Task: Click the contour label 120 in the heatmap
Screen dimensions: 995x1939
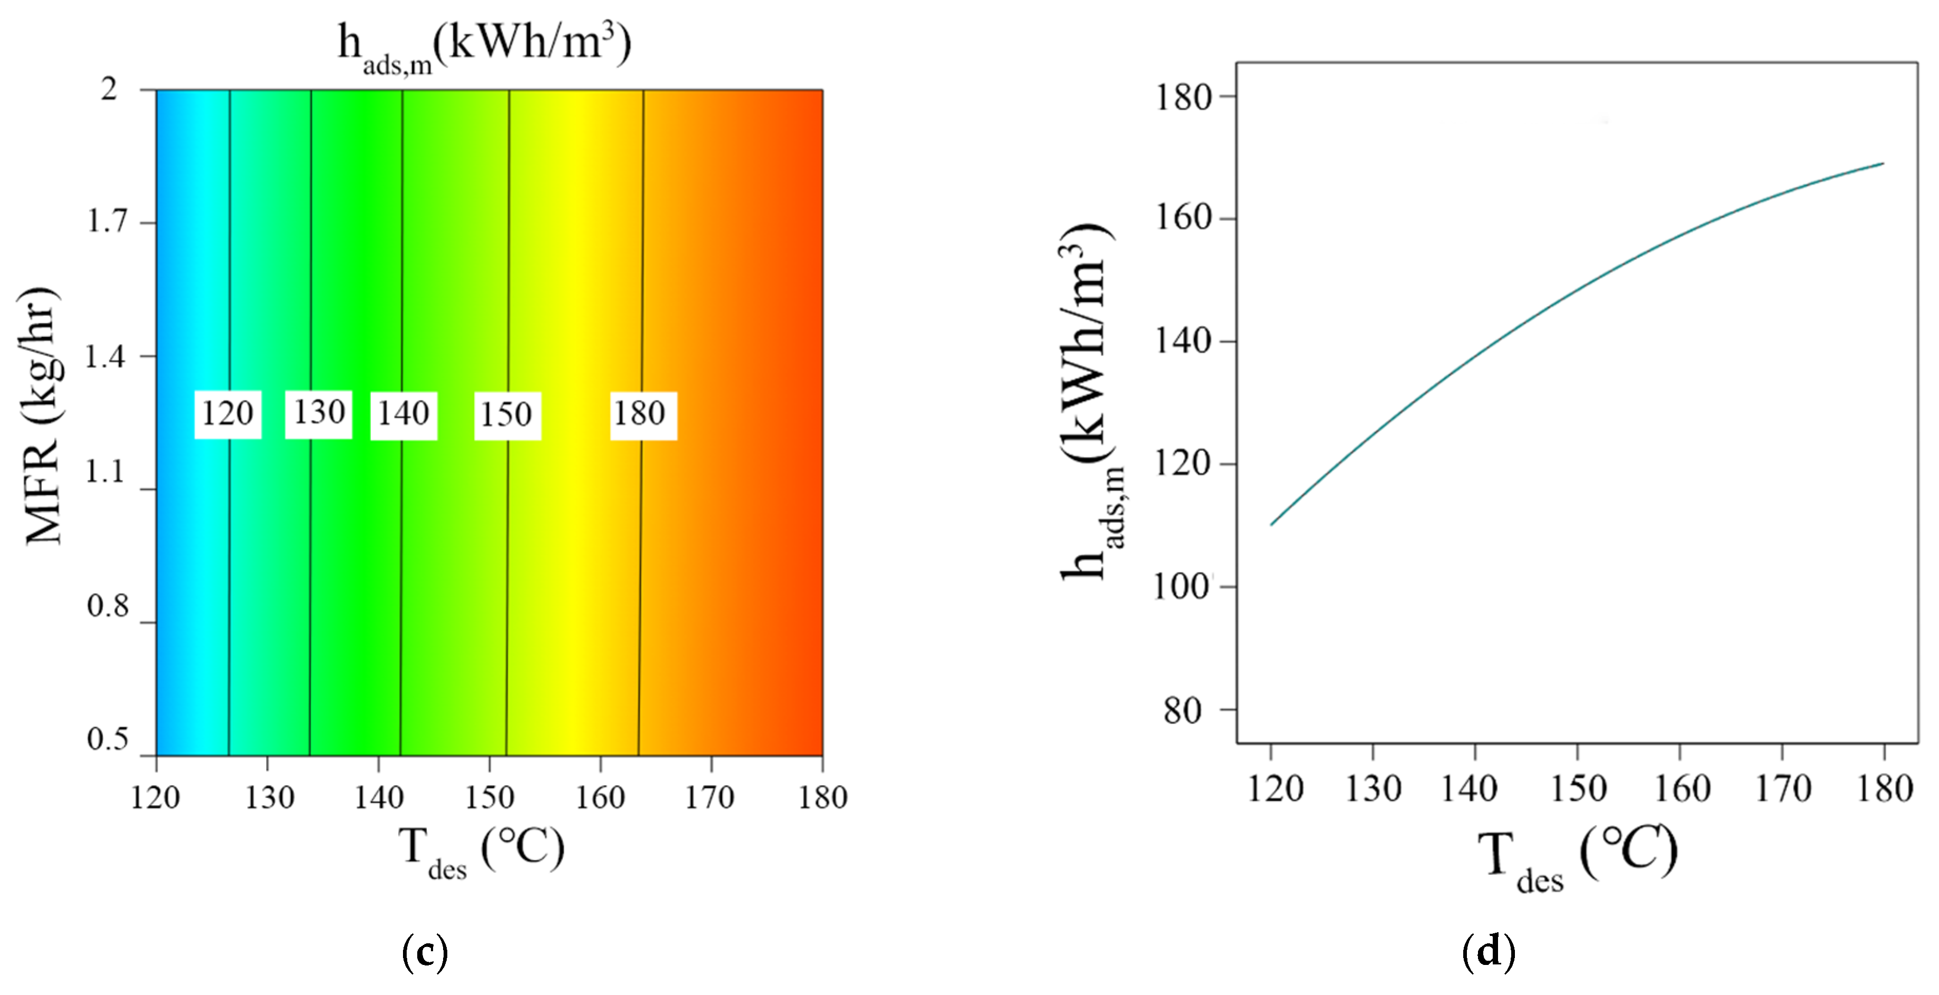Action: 227,414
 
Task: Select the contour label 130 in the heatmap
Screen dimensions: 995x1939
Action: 319,413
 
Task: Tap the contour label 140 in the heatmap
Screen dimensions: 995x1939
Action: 404,414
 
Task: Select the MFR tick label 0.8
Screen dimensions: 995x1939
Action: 108,606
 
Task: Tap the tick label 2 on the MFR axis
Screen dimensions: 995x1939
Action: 110,90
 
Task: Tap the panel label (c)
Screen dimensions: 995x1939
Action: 425,952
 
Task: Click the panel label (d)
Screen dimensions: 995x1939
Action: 1488,952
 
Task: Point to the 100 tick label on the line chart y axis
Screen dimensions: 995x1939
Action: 1182,586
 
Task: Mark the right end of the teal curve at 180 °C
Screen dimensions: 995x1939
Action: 1883,163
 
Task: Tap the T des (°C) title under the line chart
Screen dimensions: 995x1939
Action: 1577,858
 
